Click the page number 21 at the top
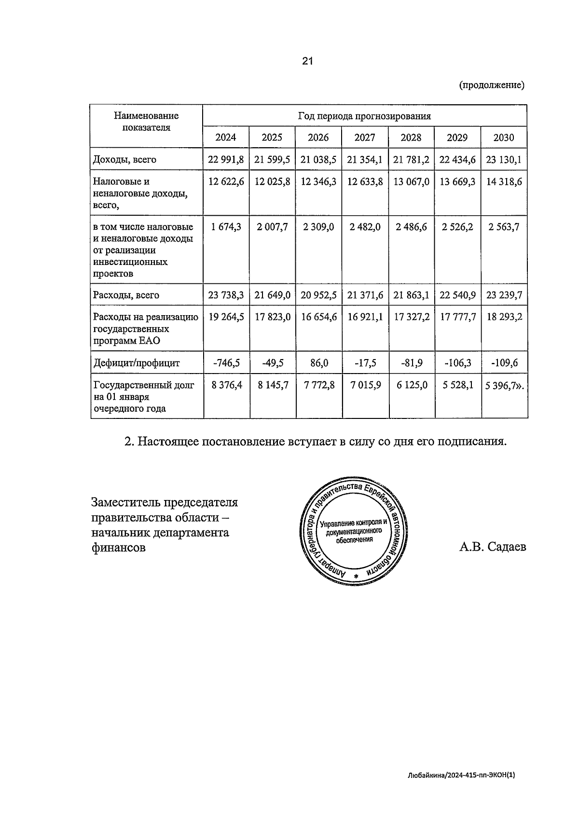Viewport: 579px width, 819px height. (x=308, y=61)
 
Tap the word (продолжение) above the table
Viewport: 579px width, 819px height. (x=492, y=85)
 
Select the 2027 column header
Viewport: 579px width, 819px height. (x=364, y=138)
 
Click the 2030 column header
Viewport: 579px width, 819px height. (x=503, y=138)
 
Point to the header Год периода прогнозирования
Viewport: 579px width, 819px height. (x=364, y=116)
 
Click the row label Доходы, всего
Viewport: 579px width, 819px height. (x=125, y=160)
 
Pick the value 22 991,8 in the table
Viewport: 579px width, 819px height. (x=226, y=160)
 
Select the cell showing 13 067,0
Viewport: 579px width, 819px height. (x=411, y=182)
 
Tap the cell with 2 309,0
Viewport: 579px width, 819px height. (x=318, y=227)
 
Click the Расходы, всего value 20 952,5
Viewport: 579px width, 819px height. (x=318, y=295)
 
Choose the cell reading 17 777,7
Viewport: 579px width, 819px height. (x=457, y=317)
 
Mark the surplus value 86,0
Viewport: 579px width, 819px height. (x=318, y=362)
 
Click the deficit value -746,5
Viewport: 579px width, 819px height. (x=226, y=362)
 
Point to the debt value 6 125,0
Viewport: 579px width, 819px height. (x=411, y=385)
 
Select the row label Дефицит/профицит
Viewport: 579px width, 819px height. (x=137, y=363)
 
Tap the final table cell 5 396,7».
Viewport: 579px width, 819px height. (x=504, y=385)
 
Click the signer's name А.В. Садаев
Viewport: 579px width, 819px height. (x=493, y=547)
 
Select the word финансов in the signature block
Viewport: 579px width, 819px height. (x=119, y=548)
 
